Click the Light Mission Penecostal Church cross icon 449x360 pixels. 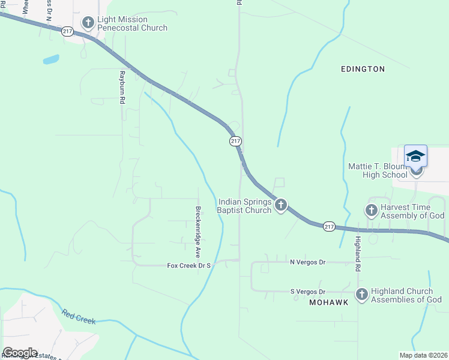88,23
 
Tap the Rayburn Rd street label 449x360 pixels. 121,88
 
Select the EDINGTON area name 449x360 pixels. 363,69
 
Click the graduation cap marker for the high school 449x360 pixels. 415,157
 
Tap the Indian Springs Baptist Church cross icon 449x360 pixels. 280,206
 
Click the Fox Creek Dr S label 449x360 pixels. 190,265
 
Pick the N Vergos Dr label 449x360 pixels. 307,262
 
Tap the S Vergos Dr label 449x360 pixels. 307,292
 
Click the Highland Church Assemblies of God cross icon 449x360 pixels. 361,294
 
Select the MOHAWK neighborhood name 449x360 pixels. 328,302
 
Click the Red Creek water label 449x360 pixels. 79,317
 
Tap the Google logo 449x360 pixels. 20,352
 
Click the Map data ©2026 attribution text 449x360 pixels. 423,355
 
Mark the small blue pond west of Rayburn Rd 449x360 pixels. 51,59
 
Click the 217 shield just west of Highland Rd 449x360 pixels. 328,226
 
